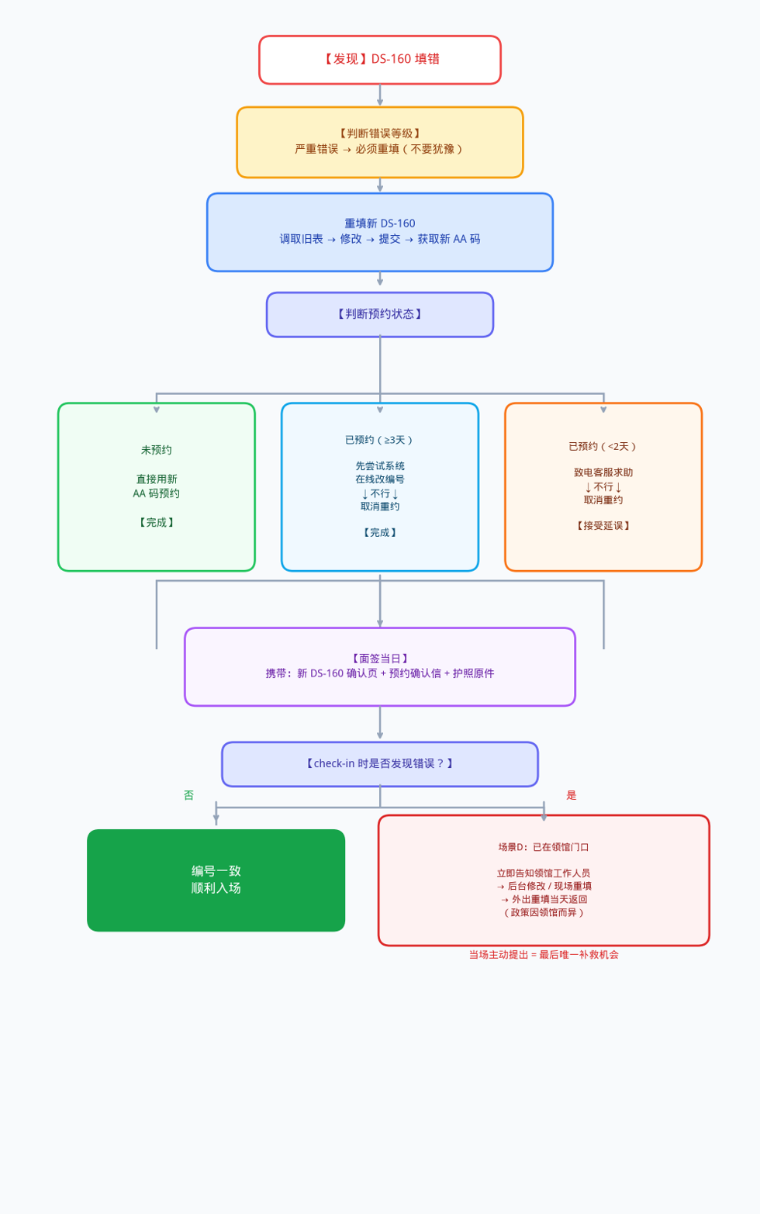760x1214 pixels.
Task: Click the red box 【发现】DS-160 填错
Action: coord(380,60)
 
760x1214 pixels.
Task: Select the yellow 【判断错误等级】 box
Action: coord(380,142)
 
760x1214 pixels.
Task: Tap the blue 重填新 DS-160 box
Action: coord(380,232)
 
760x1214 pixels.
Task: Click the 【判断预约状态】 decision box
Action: coord(380,314)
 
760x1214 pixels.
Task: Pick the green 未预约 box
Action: coord(157,486)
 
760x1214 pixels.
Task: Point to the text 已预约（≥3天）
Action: coord(380,440)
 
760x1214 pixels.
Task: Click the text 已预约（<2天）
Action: coord(603,447)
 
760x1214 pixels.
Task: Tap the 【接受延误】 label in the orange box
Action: coord(603,526)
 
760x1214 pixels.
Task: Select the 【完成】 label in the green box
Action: coord(157,523)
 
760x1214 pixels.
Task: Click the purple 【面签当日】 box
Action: coord(380,666)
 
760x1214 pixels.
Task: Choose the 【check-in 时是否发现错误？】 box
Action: coord(380,764)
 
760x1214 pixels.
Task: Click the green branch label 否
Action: coord(188,795)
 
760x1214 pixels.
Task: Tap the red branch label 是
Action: coord(572,795)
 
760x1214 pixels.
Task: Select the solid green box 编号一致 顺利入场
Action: coord(216,880)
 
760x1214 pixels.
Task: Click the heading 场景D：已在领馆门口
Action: coord(544,847)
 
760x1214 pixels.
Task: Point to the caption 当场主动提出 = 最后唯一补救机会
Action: coord(544,955)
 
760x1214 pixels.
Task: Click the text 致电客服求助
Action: coord(603,472)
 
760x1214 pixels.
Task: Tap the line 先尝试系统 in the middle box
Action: coord(380,466)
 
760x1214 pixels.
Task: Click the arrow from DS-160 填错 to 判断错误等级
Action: coord(380,95)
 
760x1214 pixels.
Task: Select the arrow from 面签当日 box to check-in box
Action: coord(380,723)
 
